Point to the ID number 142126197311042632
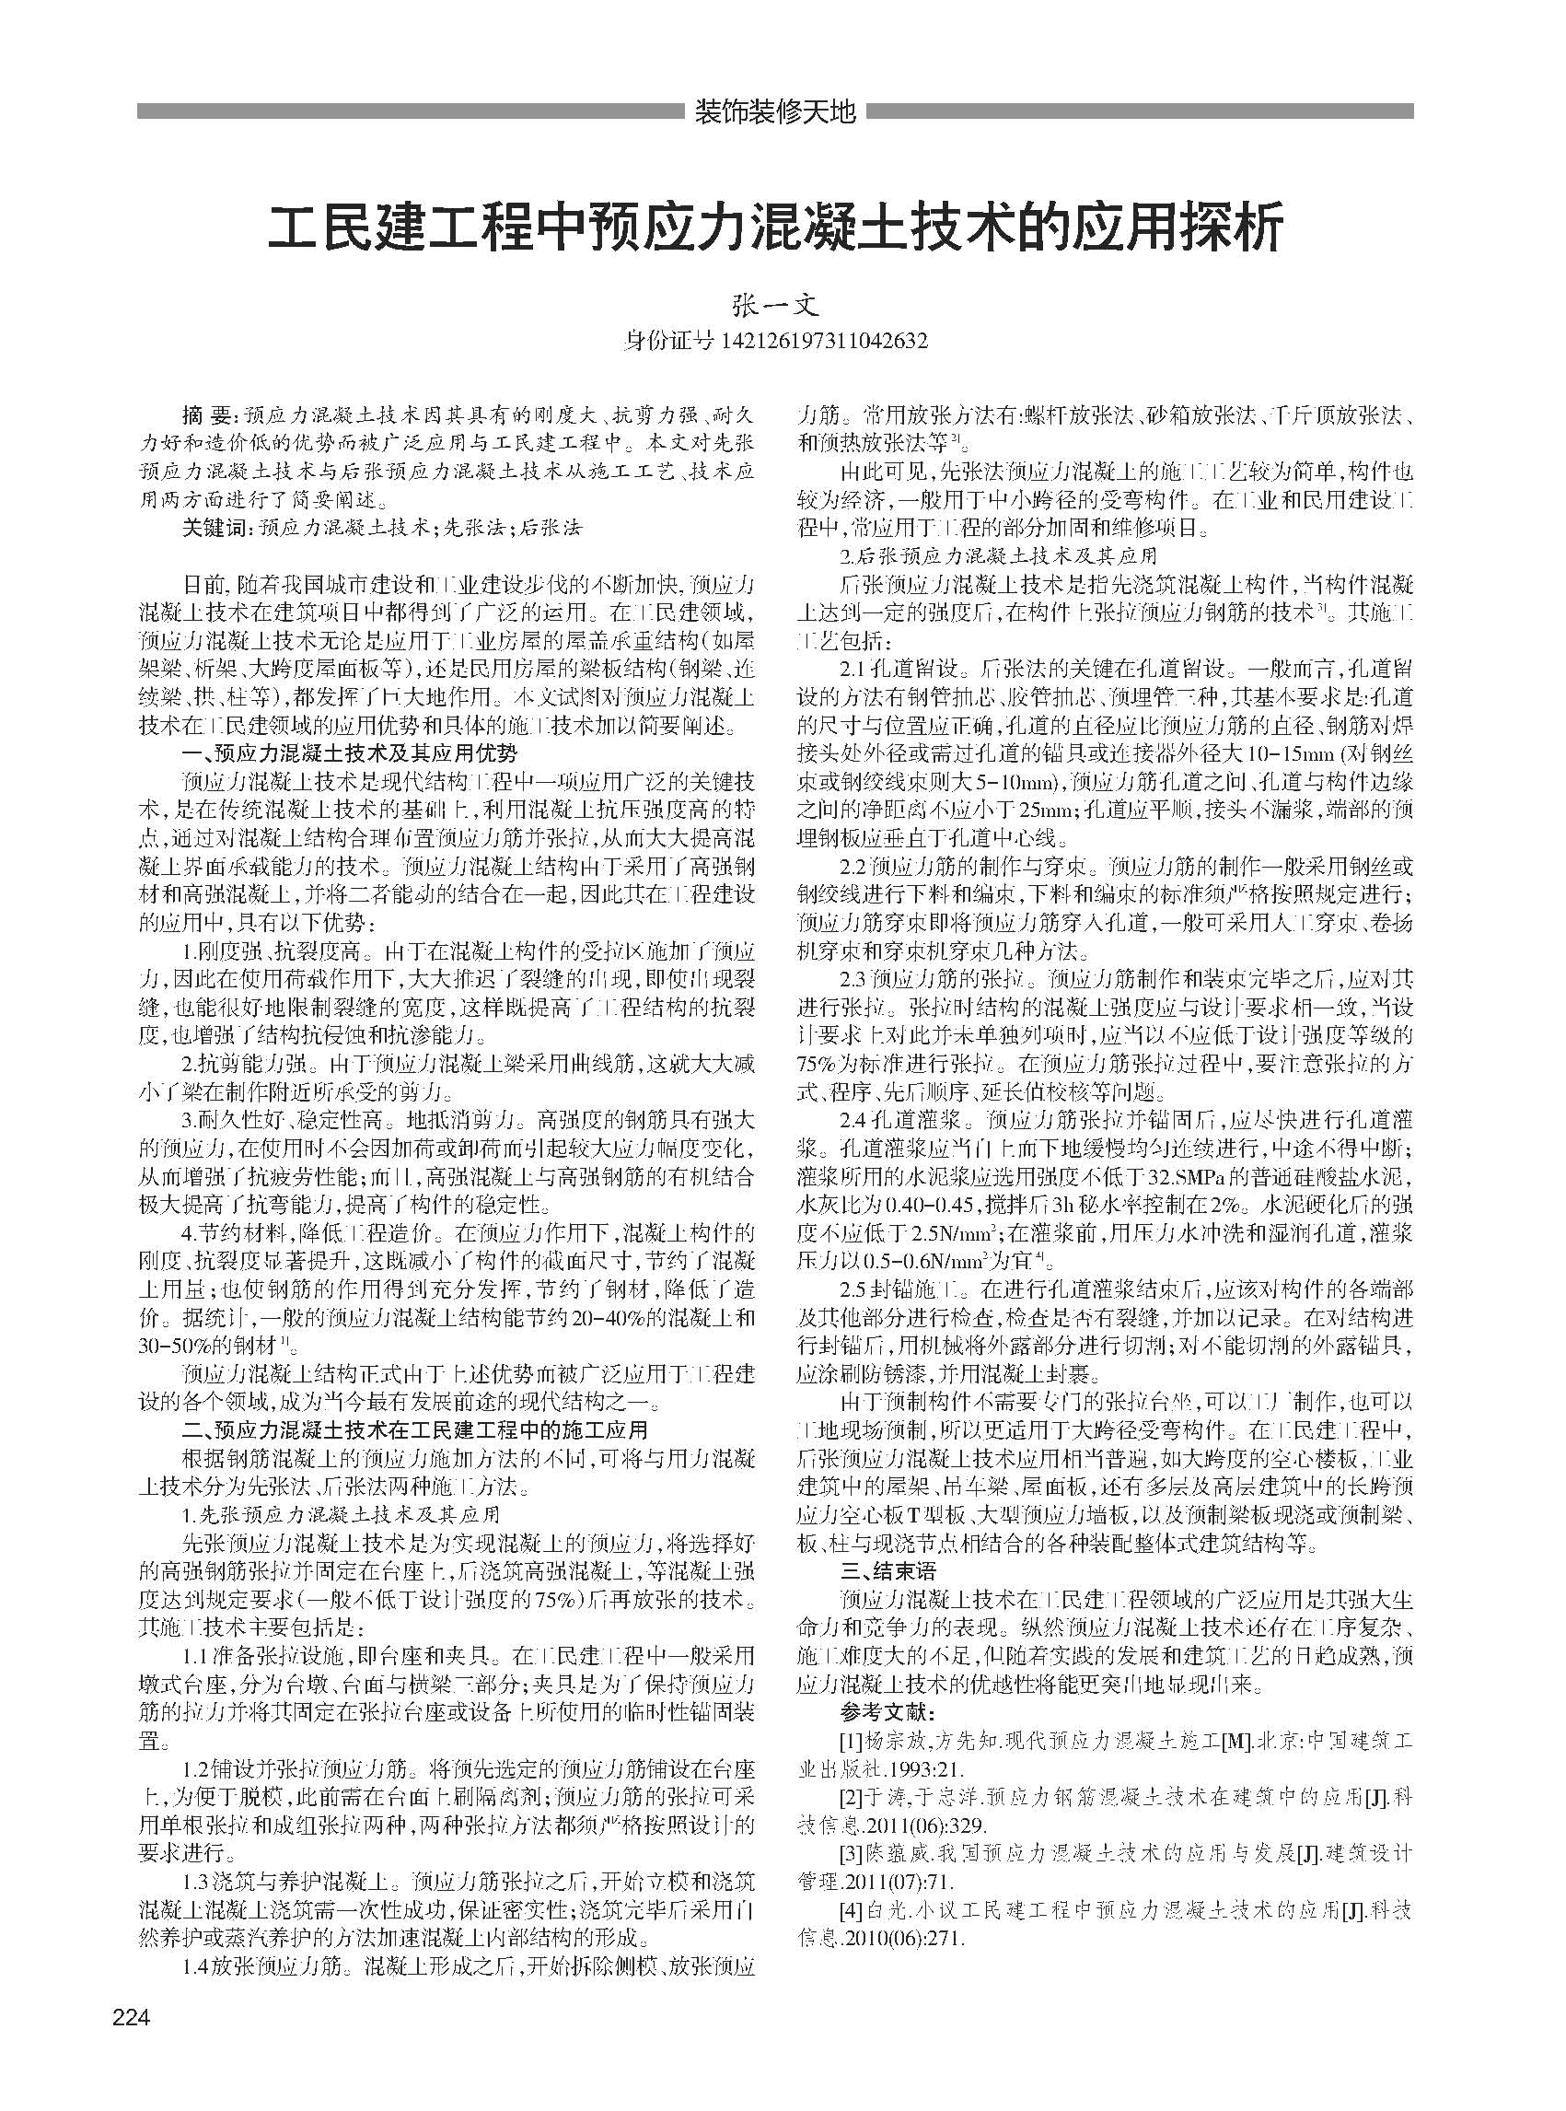824,340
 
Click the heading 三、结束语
882,1571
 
